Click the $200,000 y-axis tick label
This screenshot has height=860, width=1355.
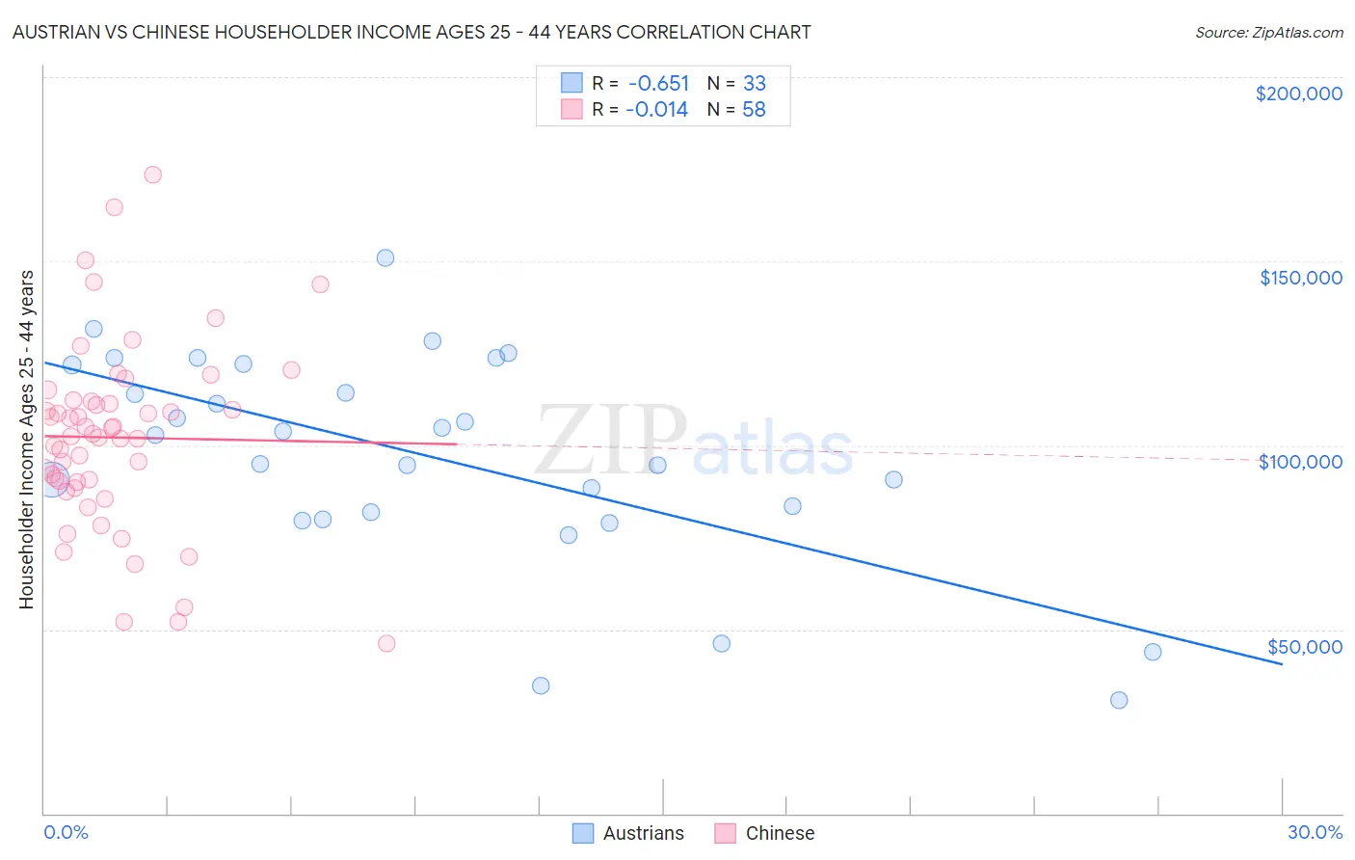pos(1298,94)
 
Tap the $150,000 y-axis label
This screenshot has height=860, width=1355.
pos(1300,278)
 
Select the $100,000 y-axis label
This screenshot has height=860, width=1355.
pos(1300,462)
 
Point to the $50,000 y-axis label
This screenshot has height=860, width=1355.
pos(1304,647)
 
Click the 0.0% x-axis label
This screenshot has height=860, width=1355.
pos(66,832)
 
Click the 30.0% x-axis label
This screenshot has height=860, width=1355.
pos(1315,832)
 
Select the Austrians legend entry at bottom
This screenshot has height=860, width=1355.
pos(628,833)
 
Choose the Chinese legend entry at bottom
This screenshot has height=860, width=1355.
pos(765,833)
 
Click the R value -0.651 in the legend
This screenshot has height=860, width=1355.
pos(657,83)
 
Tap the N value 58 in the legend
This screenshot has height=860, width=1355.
pos(754,110)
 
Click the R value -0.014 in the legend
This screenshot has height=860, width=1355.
pos(656,110)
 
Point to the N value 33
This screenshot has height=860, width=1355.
pos(754,83)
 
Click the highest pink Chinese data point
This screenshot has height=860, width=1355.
pos(152,175)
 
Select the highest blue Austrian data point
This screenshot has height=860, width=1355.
pos(385,257)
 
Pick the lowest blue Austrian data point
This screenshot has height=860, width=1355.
pos(1119,700)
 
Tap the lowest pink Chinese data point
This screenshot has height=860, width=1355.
pos(386,643)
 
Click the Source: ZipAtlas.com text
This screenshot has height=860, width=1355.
pos(1268,33)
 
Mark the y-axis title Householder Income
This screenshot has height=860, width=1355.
pos(26,440)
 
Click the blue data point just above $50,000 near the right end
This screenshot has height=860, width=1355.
pos(1153,652)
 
